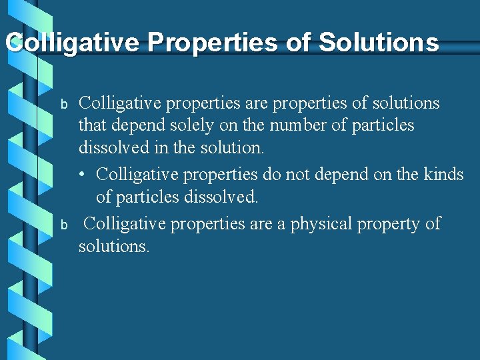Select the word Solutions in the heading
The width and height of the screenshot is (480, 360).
[x=379, y=43]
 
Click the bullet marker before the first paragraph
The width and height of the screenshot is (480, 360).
[x=65, y=104]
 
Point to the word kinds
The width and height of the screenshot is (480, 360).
[x=443, y=174]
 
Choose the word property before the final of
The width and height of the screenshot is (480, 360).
[x=388, y=223]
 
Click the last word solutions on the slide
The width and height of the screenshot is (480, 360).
[x=114, y=246]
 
